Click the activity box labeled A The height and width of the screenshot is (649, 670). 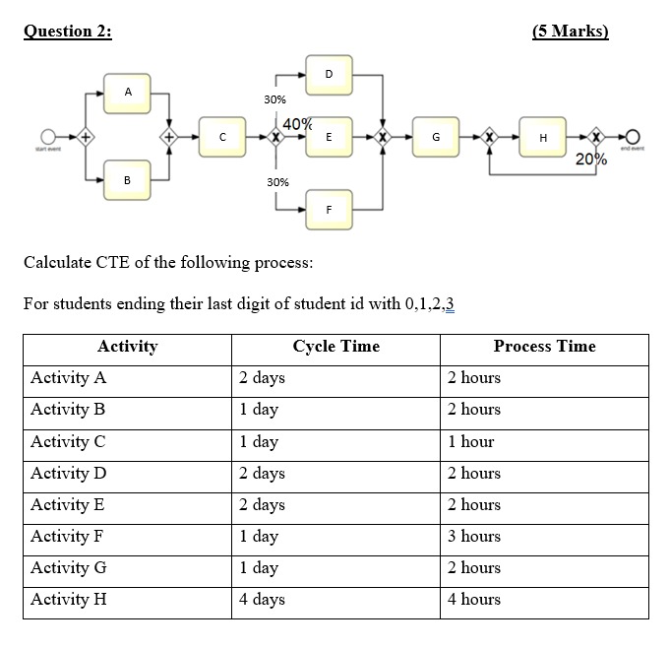pyautogui.click(x=128, y=92)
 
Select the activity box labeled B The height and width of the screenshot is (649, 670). pyautogui.click(x=128, y=180)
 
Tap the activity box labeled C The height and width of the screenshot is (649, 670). pyautogui.click(x=223, y=137)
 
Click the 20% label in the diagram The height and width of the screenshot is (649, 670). pyautogui.click(x=591, y=160)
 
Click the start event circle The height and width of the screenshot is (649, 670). pyautogui.click(x=46, y=136)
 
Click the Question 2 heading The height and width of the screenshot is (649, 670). pyautogui.click(x=68, y=31)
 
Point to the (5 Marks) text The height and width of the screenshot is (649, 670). pyautogui.click(x=570, y=31)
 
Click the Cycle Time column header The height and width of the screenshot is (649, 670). pyautogui.click(x=335, y=347)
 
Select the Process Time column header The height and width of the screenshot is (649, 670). pyautogui.click(x=544, y=347)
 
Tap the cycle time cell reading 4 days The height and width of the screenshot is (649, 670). pyautogui.click(x=262, y=600)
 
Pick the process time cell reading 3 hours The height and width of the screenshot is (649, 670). pyautogui.click(x=474, y=537)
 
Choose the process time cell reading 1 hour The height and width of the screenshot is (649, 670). pyautogui.click(x=471, y=442)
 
